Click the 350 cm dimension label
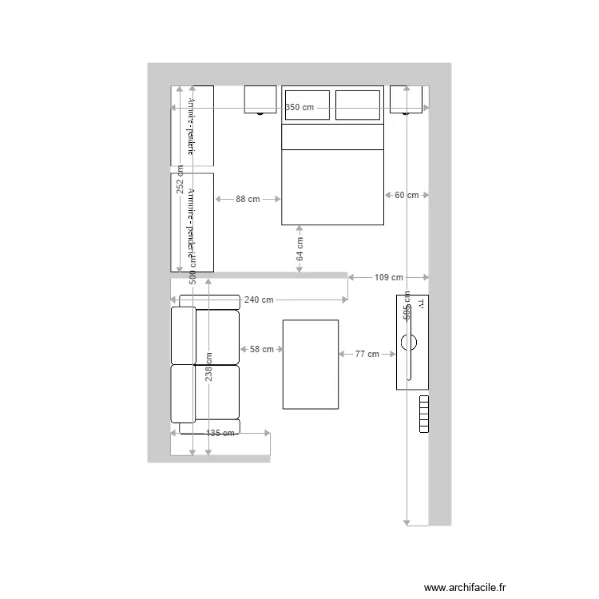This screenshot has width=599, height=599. tap(299, 107)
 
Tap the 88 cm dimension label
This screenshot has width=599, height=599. tap(248, 199)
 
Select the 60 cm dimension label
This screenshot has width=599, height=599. tap(407, 195)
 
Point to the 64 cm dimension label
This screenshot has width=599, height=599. tap(299, 250)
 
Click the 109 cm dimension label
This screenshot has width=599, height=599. tap(389, 277)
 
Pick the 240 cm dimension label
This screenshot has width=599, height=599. tap(259, 299)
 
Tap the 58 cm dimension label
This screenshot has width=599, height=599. tap(261, 349)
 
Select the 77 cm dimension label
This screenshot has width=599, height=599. tap(367, 353)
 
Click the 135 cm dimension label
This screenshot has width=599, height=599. tap(220, 433)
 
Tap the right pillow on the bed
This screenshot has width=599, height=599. tap(357, 105)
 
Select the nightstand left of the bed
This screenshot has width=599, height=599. tap(260, 99)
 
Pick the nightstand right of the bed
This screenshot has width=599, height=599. tap(406, 99)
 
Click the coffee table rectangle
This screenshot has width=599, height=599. tap(310, 364)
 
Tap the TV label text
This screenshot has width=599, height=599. tap(420, 304)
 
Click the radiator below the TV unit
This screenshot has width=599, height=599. tap(423, 414)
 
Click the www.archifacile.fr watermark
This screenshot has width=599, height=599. tap(465, 586)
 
